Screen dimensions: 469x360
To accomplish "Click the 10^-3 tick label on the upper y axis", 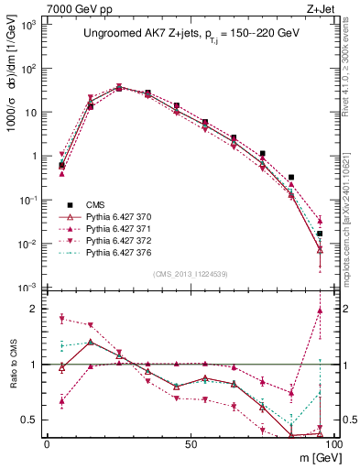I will pos(27,287).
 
